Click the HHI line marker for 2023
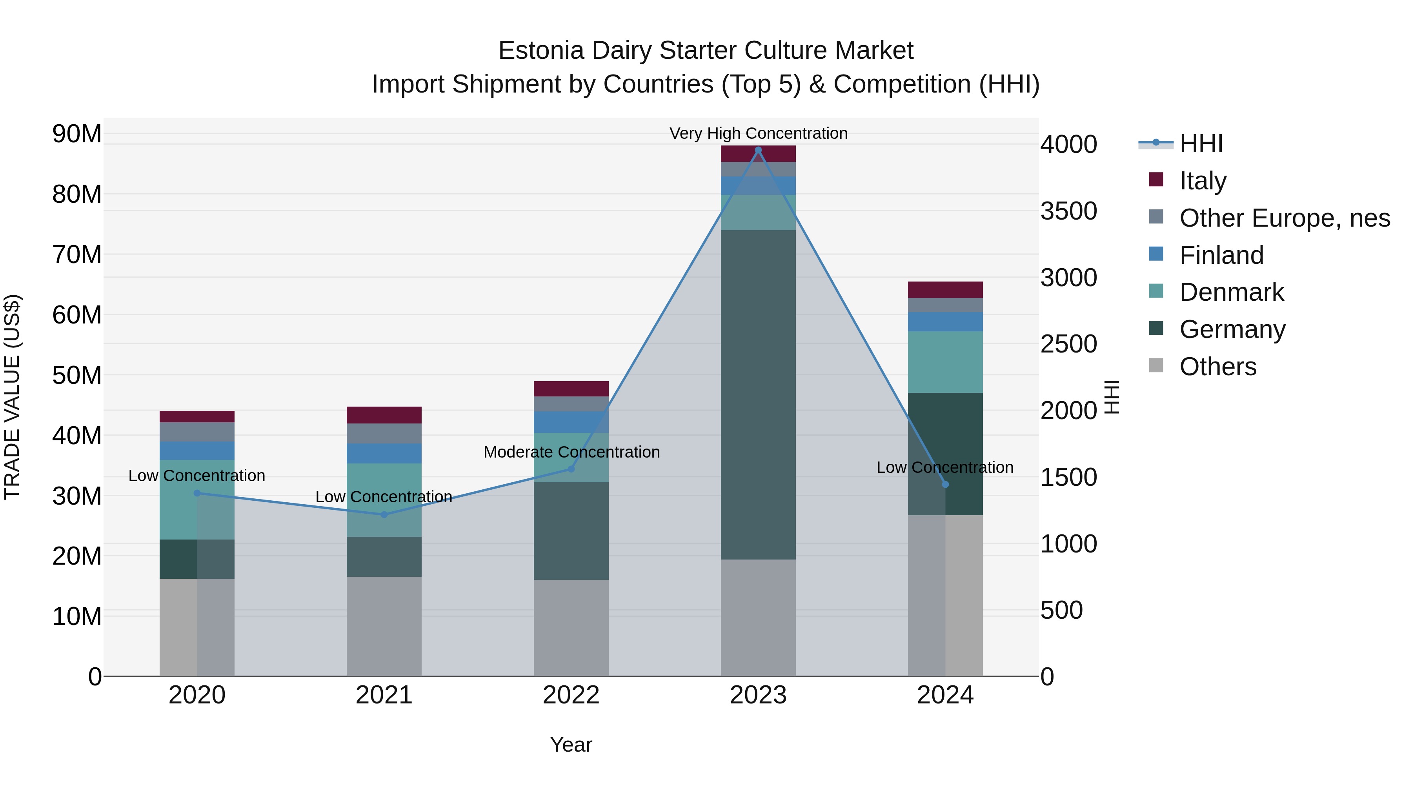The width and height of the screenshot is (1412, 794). [x=758, y=150]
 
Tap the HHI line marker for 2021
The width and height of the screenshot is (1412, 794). [x=384, y=514]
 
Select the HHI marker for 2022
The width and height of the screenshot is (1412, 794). [x=571, y=469]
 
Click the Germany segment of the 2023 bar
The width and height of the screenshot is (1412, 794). [x=758, y=394]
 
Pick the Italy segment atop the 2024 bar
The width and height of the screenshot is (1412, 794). [x=945, y=290]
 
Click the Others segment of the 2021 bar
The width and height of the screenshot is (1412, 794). [x=384, y=626]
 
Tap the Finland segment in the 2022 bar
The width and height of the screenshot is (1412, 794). [x=571, y=422]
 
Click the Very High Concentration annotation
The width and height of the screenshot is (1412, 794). [x=758, y=133]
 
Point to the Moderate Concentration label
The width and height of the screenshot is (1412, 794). [x=571, y=452]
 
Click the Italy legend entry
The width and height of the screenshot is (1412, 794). [x=1203, y=181]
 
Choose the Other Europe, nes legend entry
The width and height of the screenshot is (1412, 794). [x=1284, y=218]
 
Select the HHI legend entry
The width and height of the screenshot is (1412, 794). [x=1201, y=144]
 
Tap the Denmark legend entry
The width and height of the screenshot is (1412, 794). [x=1231, y=292]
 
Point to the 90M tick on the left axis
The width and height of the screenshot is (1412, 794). [x=77, y=134]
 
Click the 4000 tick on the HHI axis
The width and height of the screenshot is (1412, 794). [x=1068, y=145]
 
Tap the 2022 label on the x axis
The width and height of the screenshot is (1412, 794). [x=571, y=695]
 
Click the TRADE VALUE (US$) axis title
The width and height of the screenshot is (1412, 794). [x=13, y=397]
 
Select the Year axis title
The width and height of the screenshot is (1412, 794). [x=571, y=745]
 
